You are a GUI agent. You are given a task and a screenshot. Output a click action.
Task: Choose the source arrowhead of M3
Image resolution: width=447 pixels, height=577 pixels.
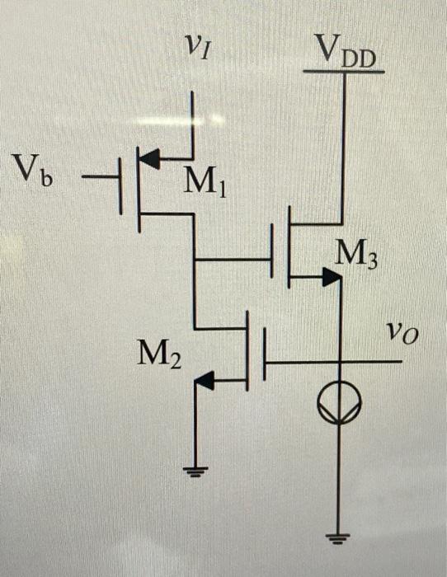331,279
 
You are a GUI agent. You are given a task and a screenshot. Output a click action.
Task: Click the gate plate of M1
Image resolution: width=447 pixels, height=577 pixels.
121,179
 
